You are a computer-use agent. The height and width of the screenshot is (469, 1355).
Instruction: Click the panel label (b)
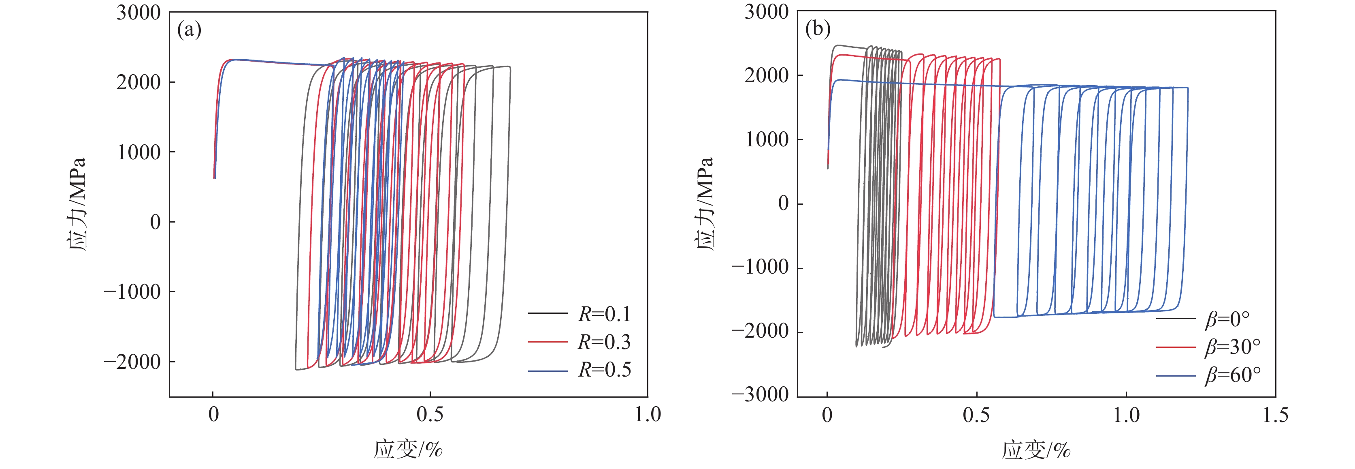(818, 28)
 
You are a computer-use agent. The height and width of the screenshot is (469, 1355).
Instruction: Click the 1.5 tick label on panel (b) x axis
(1275, 415)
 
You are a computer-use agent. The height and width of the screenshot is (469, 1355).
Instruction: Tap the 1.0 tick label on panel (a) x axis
(648, 414)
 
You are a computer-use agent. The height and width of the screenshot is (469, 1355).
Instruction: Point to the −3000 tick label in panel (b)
(760, 394)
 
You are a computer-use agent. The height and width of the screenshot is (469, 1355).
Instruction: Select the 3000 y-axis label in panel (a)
(138, 13)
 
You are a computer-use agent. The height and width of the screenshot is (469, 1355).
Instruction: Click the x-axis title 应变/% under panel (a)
(408, 450)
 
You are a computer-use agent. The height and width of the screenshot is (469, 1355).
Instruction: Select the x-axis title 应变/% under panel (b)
(1036, 450)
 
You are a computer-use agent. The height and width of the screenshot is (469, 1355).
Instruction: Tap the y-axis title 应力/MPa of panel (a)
(77, 204)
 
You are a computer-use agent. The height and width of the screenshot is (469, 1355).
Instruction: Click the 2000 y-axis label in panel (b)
(767, 75)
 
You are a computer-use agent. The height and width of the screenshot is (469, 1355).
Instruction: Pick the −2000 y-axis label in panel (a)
(132, 362)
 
